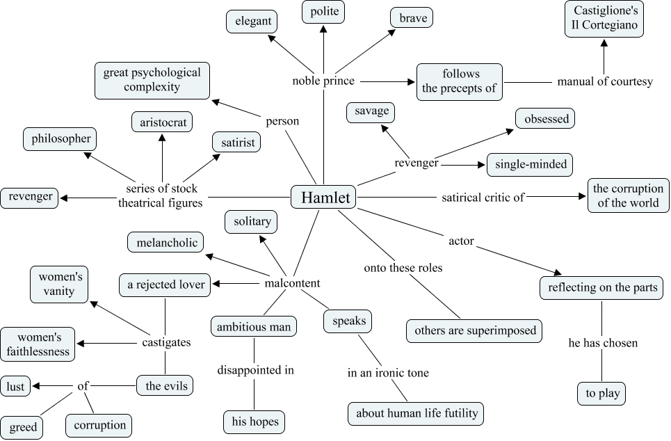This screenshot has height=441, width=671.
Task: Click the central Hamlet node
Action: pos(323,198)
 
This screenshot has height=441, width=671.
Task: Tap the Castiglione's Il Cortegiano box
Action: pos(604,19)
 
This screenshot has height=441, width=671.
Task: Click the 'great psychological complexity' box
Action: pos(152,80)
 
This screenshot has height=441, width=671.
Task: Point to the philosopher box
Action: pos(60,138)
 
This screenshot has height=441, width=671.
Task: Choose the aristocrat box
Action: pos(162,122)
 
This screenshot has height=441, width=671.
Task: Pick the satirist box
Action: pos(236,143)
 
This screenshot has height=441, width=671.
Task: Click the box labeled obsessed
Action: pos(547,119)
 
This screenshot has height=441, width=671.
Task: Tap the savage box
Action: pos(371,111)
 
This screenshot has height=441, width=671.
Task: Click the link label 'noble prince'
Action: pos(323,81)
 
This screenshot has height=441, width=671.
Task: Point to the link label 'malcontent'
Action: pos(293,283)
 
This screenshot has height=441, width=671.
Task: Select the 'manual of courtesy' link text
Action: pos(605,82)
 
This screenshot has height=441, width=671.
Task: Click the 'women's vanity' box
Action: pos(59,284)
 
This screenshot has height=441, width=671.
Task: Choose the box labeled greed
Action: pos(23,427)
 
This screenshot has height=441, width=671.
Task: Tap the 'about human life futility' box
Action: pos(417,413)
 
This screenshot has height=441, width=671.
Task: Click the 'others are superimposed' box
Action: pos(475,330)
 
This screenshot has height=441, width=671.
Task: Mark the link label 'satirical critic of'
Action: pos(483,198)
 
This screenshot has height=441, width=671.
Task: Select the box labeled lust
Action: pos(15,386)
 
